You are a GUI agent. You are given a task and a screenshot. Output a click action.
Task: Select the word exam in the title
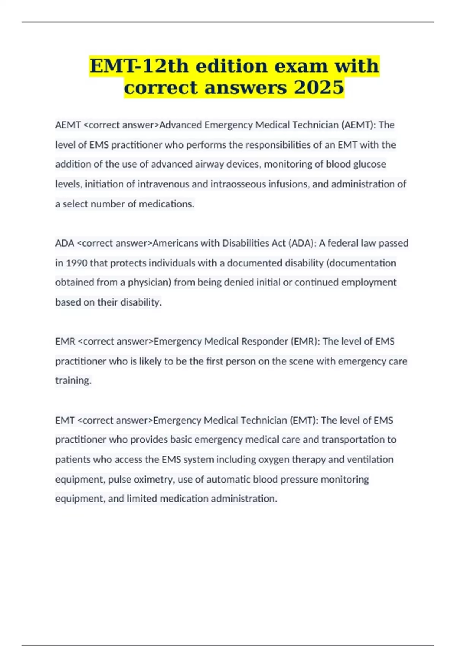301,66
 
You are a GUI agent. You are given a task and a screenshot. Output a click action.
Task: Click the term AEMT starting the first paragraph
68,125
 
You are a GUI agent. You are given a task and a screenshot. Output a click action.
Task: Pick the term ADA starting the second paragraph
65,243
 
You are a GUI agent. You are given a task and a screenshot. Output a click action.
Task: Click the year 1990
76,263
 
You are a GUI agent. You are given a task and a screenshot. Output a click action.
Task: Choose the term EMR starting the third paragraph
65,341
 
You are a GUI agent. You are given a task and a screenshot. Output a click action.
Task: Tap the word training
73,380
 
